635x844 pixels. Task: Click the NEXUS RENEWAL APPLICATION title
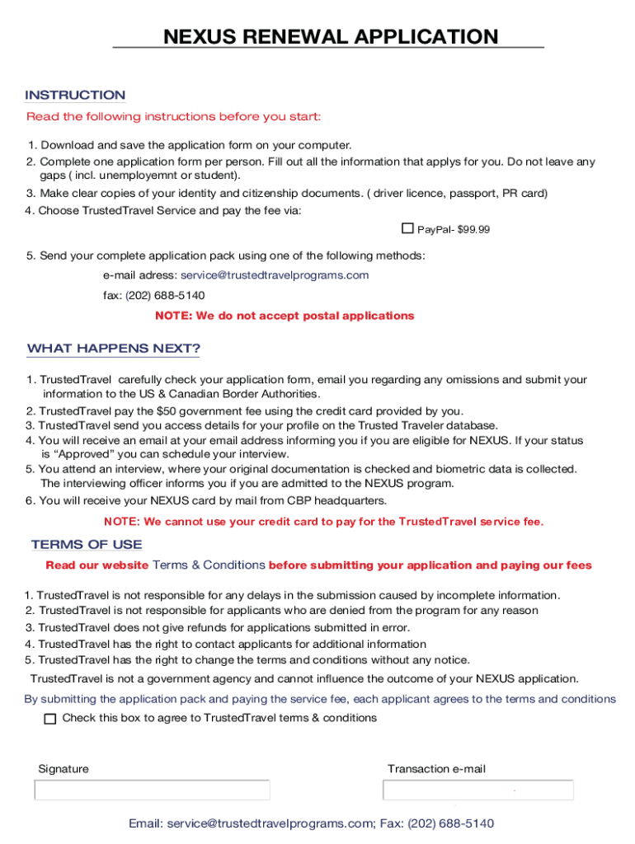click(330, 37)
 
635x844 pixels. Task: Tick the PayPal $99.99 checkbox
click(407, 228)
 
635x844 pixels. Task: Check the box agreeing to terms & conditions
click(50, 719)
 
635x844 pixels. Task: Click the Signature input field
click(152, 790)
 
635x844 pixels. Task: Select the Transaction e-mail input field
click(477, 790)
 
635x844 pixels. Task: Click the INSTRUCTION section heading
click(75, 95)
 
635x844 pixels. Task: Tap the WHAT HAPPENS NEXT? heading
click(114, 348)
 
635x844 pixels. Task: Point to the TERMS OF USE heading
click(87, 544)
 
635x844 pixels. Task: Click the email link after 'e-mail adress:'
click(275, 275)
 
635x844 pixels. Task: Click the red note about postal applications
click(285, 316)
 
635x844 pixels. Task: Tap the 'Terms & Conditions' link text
click(209, 565)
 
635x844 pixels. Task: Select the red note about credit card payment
click(323, 522)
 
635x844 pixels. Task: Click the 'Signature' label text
click(63, 769)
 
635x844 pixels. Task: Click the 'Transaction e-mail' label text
click(436, 769)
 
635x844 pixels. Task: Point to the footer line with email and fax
click(311, 823)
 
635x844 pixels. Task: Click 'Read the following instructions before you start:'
click(173, 116)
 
